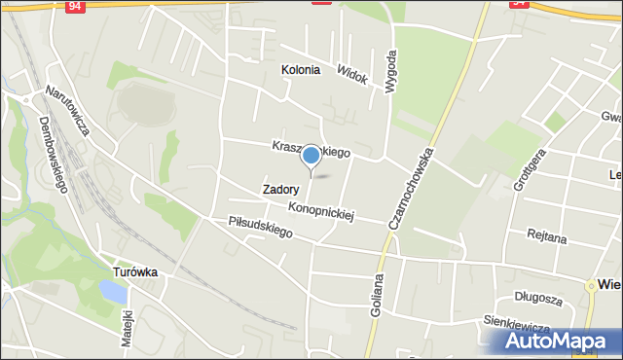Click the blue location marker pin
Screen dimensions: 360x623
(x=311, y=156)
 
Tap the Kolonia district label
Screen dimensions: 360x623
(x=300, y=70)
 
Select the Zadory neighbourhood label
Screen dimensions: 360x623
(x=280, y=190)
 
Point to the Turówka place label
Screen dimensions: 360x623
(x=134, y=272)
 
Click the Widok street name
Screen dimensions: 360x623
(x=351, y=74)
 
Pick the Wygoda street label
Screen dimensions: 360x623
(x=391, y=71)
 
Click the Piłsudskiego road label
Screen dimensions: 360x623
(x=260, y=227)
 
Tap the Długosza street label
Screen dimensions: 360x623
(x=539, y=296)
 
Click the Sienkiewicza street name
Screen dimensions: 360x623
(x=516, y=323)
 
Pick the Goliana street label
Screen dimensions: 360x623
(x=377, y=302)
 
